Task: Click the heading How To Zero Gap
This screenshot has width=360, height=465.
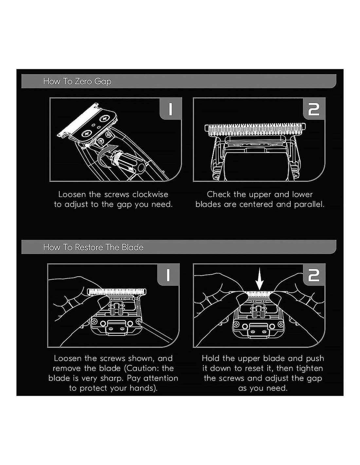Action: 77,81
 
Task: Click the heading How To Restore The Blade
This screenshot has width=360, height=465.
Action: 93,247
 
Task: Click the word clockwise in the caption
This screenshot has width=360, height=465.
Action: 150,194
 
